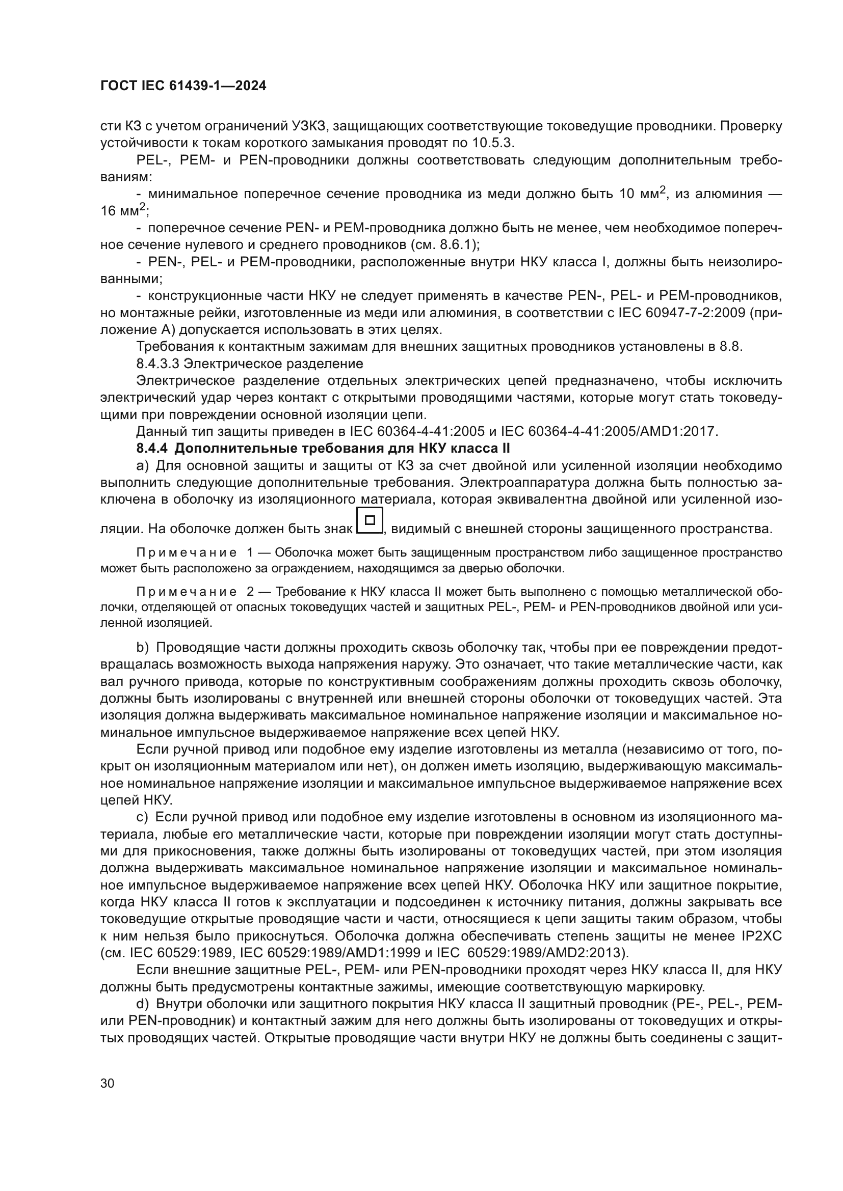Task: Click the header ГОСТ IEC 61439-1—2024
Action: (x=183, y=86)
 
